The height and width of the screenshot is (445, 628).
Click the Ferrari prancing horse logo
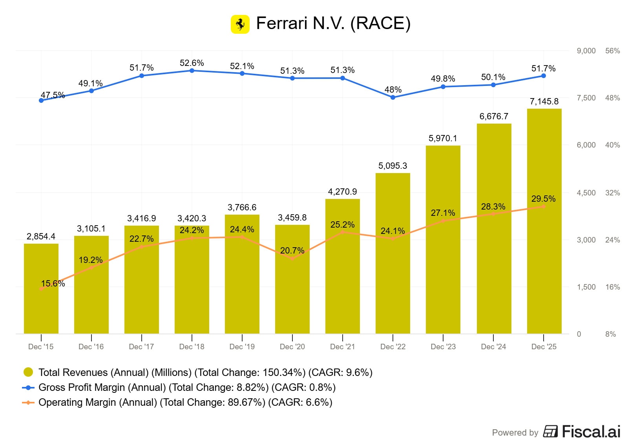click(x=240, y=24)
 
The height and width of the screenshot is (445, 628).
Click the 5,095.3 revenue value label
click(x=392, y=166)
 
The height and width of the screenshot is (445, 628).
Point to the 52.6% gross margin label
click(x=192, y=63)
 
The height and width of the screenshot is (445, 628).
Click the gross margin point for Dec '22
click(x=393, y=97)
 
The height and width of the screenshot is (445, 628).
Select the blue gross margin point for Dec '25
click(x=544, y=76)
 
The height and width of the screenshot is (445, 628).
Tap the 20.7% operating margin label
click(x=292, y=251)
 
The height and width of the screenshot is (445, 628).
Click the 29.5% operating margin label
click(x=543, y=199)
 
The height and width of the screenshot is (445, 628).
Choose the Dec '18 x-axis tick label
click(x=192, y=347)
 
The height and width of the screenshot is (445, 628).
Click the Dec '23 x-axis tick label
click(x=443, y=347)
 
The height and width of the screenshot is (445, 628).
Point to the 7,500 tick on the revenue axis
click(x=586, y=98)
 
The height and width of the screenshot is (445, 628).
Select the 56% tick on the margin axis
click(x=612, y=51)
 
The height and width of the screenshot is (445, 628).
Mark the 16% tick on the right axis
click(x=612, y=287)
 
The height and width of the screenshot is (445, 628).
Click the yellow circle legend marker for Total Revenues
click(x=28, y=372)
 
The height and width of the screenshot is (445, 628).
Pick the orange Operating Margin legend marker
click(x=28, y=403)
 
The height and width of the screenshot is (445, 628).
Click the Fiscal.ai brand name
click(x=591, y=432)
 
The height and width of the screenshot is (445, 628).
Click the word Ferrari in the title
click(x=281, y=24)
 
